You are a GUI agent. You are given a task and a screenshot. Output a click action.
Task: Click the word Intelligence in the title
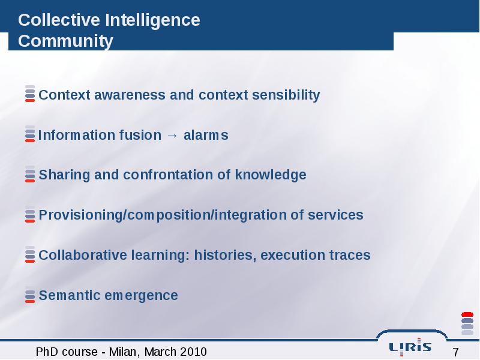point(152,21)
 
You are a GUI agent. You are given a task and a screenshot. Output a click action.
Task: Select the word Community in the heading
point(65,41)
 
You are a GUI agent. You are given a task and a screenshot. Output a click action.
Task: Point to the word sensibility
point(286,95)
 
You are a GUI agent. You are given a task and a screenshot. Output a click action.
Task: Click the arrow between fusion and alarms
point(172,136)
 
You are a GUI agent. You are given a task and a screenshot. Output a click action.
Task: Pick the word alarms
point(206,136)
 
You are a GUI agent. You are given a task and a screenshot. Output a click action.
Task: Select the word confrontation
point(168,175)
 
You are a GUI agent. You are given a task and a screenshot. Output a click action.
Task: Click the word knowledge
point(271,175)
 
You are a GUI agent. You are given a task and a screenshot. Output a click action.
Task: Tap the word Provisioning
point(81,215)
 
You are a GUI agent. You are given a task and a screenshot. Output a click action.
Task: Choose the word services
point(335,215)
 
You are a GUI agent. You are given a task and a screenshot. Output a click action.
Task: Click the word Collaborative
point(83,255)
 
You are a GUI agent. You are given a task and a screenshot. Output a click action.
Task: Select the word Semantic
point(70,295)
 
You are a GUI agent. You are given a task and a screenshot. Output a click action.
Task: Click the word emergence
point(141,296)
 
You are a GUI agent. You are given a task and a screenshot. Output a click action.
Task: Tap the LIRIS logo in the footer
point(410,347)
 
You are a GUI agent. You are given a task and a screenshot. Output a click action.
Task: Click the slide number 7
point(455,352)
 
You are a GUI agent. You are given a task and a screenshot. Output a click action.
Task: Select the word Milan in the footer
point(125,352)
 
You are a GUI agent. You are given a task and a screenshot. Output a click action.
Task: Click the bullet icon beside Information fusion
point(30,134)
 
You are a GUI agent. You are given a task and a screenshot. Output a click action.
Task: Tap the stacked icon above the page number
point(467,323)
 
